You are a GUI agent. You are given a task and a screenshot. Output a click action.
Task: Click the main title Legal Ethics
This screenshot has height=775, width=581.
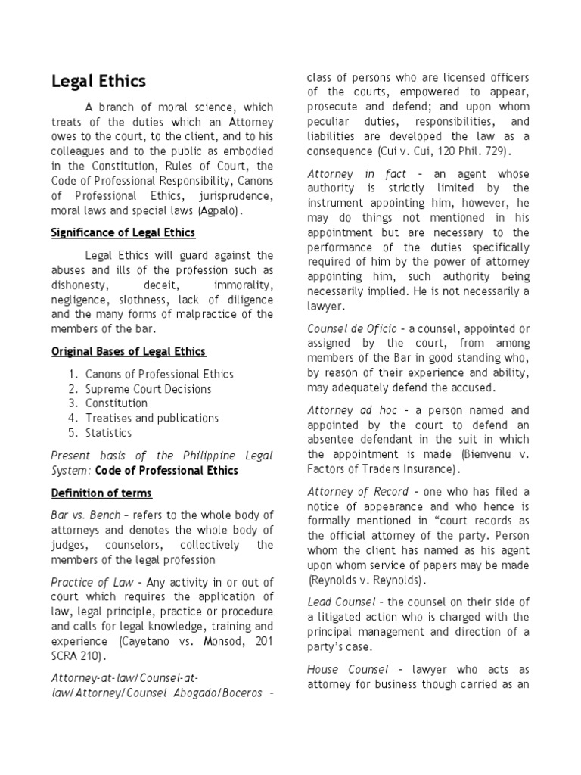pyautogui.click(x=98, y=81)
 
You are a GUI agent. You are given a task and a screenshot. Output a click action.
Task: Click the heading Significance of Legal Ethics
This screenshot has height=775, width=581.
pyautogui.click(x=123, y=232)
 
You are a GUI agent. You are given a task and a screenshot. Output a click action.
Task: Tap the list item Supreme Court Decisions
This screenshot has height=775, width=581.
pyautogui.click(x=148, y=389)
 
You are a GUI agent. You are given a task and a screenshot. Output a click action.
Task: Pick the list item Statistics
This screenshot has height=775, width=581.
pyautogui.click(x=108, y=433)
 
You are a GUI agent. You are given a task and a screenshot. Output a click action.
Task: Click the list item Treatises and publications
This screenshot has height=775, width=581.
pyautogui.click(x=152, y=418)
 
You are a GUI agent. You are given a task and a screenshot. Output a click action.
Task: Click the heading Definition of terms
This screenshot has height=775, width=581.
pyautogui.click(x=101, y=493)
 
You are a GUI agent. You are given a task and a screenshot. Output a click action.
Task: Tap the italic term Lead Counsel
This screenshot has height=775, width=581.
pyautogui.click(x=341, y=602)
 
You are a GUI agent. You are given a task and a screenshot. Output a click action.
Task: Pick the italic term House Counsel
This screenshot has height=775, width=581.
pyautogui.click(x=348, y=670)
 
